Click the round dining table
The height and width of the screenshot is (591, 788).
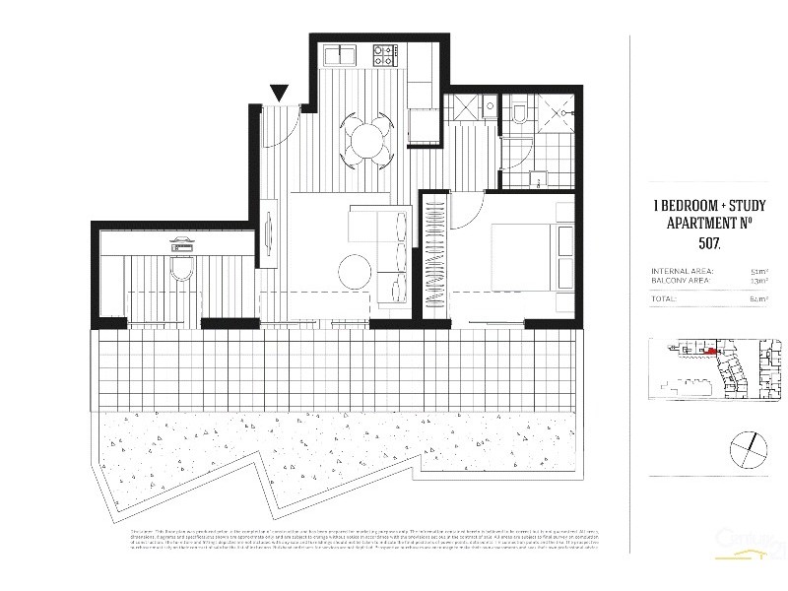coord(365,138)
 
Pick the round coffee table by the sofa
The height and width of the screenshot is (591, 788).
coord(353,268)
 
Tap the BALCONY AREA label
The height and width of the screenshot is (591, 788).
coord(681,281)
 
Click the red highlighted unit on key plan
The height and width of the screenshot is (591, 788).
coord(710,349)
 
